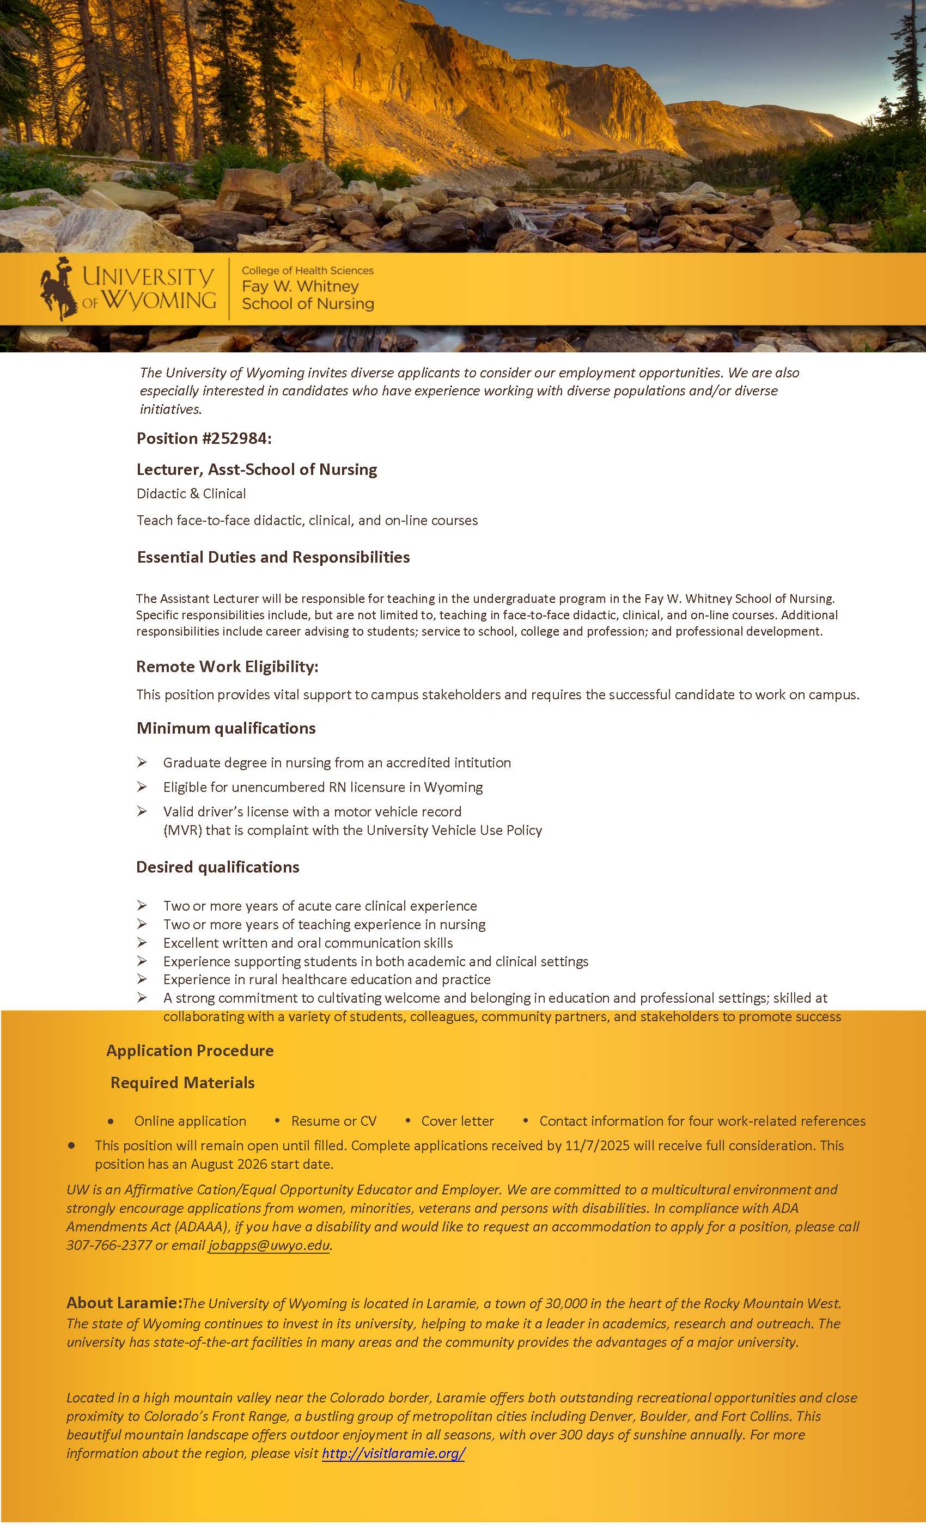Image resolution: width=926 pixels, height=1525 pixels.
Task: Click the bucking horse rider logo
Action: coord(59,289)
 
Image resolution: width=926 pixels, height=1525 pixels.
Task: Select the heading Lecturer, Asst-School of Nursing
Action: coord(256,469)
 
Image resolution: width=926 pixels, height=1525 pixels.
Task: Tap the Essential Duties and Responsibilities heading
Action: coord(273,557)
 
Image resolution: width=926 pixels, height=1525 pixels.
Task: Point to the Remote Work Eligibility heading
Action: coord(227,667)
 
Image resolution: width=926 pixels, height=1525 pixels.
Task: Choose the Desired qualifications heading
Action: coord(217,867)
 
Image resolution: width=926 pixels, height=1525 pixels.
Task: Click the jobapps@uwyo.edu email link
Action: coord(269,1245)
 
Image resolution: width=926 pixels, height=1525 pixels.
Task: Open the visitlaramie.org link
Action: coord(393,1453)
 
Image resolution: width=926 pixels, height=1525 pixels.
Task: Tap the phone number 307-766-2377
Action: coord(108,1245)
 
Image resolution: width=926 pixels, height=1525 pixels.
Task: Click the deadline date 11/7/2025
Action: coord(596,1145)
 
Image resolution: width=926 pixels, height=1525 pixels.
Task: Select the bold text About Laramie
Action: coord(123,1303)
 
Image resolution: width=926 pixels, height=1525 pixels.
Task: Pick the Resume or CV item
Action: coord(333,1121)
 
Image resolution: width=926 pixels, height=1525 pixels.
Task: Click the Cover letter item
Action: coord(458,1121)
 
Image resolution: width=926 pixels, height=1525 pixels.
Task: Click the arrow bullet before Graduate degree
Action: coord(142,762)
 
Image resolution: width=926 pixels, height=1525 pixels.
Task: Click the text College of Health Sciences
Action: coord(307,271)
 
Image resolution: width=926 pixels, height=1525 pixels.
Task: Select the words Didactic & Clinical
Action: coord(191,493)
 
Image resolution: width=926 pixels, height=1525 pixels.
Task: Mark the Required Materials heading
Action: coord(182,1083)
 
